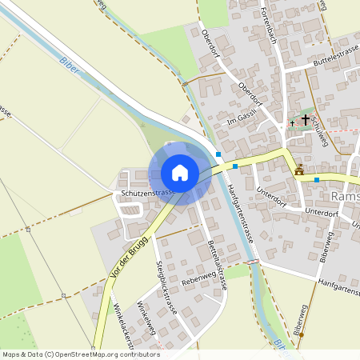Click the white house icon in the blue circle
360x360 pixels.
point(179,173)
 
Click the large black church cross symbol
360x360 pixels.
point(305,118)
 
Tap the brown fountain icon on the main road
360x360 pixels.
point(299,170)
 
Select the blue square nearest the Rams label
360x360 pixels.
point(317,179)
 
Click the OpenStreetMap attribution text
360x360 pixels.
point(81,354)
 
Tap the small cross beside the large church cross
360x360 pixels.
point(292,123)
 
